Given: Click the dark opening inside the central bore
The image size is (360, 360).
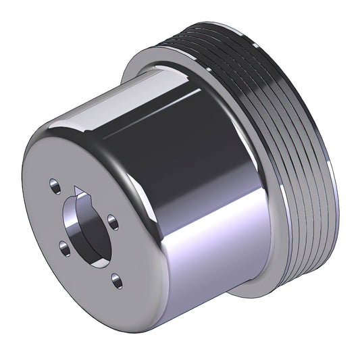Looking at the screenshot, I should (78, 223).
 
